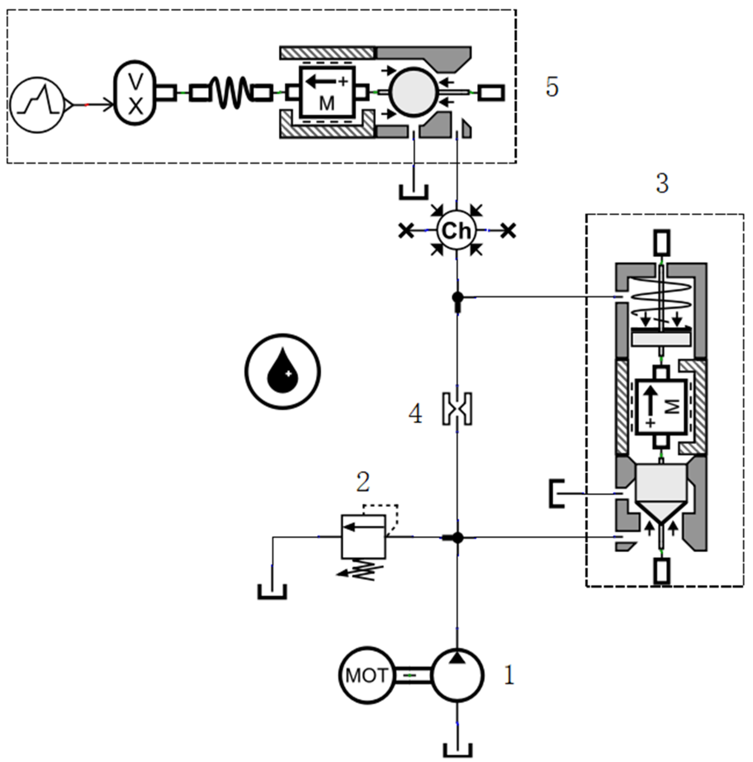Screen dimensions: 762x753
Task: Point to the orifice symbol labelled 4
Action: (x=457, y=409)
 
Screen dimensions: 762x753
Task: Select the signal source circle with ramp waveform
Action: (x=37, y=105)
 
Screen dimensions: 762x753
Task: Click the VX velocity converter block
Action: (x=135, y=93)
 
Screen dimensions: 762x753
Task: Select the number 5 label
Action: (x=552, y=87)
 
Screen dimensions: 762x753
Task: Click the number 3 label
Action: (x=662, y=184)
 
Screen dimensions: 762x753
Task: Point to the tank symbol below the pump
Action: (x=458, y=749)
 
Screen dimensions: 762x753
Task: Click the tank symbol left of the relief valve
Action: (x=272, y=592)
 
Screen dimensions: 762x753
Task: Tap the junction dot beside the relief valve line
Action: (x=457, y=537)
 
